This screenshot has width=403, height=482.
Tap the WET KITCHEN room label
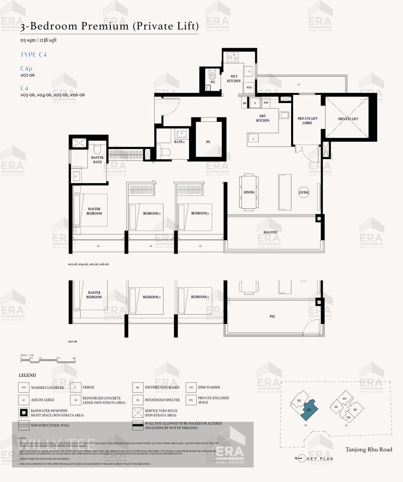(234, 79)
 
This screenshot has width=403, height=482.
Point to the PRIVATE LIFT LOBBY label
(305, 120)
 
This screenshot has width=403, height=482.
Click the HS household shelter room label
(208, 142)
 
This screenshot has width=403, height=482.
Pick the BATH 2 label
(179, 142)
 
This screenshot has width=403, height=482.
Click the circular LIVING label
(304, 192)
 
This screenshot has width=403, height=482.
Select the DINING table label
(249, 192)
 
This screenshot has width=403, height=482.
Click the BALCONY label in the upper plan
(270, 232)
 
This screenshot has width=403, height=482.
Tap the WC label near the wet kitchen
(213, 82)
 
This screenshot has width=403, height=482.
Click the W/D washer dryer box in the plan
(249, 88)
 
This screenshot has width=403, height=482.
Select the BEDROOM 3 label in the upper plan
(200, 213)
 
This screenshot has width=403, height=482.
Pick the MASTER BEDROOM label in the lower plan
(94, 295)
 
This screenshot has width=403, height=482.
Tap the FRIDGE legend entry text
(89, 387)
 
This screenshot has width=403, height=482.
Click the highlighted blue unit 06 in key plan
(309, 408)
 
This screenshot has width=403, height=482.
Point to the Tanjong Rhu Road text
(368, 450)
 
